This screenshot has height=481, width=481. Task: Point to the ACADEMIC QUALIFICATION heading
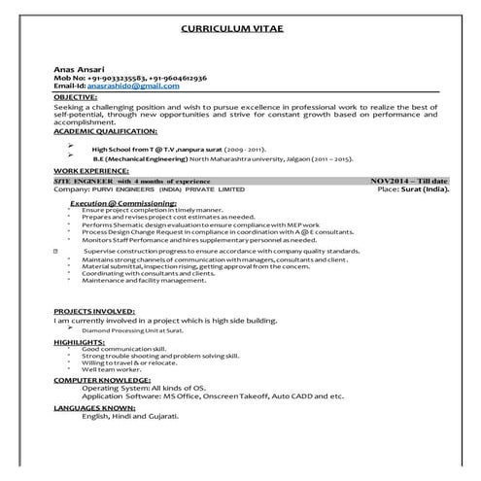click(105, 130)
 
